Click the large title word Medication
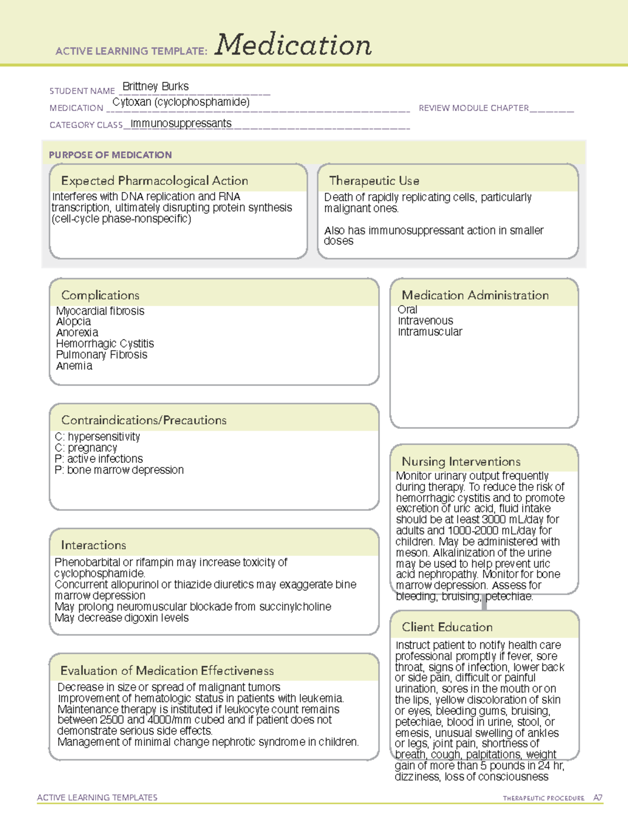tap(293, 45)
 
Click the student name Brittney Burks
tap(155, 86)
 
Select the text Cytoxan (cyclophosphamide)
tap(181, 102)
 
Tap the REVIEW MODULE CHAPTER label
tap(474, 108)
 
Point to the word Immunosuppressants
tap(181, 124)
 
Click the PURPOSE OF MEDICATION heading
tap(110, 155)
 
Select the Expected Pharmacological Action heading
tap(154, 181)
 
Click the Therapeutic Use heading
tap(374, 181)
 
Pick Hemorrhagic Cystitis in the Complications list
tap(105, 343)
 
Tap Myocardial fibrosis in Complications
tap(100, 311)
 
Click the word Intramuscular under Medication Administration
tap(430, 332)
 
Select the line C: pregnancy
tap(86, 448)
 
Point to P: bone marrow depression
tap(119, 470)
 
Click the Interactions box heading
tap(94, 545)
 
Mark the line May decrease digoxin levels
tap(121, 618)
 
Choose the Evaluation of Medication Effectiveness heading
tap(167, 671)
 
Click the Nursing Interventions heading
tap(461, 461)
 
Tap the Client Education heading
tap(447, 627)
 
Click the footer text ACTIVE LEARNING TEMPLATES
tap(97, 797)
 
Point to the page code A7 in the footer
tap(598, 798)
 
